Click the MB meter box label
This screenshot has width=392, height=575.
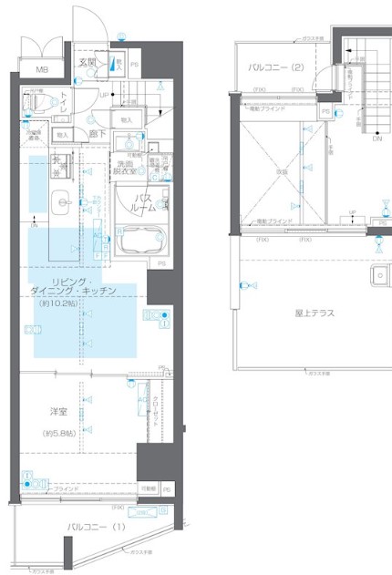42,70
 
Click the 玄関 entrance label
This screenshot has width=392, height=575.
87,63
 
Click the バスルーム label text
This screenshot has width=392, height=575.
143,202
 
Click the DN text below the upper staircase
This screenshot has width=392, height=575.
377,139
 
